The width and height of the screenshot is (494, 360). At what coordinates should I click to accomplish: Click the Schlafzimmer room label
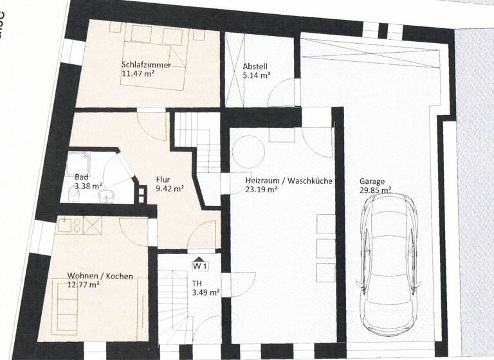[145, 64]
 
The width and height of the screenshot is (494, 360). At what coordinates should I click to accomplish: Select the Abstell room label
[255, 66]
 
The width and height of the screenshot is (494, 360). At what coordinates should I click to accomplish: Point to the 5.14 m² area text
[257, 75]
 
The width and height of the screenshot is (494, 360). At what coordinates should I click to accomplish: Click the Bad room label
[81, 177]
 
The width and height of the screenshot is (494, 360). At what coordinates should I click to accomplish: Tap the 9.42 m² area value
[170, 189]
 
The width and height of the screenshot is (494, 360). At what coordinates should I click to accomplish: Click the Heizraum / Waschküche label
[288, 181]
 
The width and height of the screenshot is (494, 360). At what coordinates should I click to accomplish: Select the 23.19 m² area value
[261, 190]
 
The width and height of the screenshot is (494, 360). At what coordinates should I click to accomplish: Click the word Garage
[372, 181]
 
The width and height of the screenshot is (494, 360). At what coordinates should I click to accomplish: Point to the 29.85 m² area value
[376, 190]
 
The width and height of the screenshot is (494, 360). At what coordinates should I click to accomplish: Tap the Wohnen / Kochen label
[100, 276]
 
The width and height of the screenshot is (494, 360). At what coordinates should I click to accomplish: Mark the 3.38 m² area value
[89, 186]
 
